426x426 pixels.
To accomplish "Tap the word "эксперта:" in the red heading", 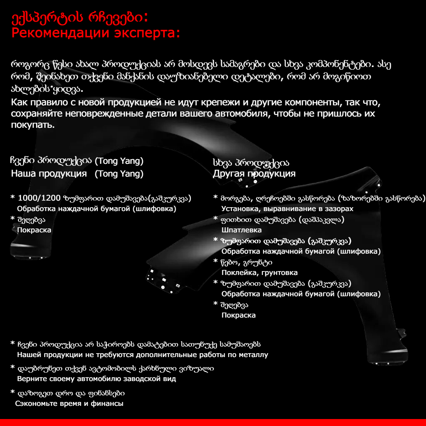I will coord(147,33).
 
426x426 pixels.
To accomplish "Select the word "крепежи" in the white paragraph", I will coord(220,103).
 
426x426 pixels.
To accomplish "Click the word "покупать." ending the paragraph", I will coord(33,125).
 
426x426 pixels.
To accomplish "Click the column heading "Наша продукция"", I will coord(49,173).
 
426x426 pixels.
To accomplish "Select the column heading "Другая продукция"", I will coord(254,173).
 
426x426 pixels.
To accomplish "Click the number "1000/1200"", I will coord(39,198).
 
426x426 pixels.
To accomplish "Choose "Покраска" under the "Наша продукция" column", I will coord(34,230).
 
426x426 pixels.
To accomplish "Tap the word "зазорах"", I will coord(339,209).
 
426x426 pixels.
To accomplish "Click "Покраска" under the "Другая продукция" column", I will coord(239,315).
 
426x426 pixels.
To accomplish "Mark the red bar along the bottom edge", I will coord(213,422).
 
